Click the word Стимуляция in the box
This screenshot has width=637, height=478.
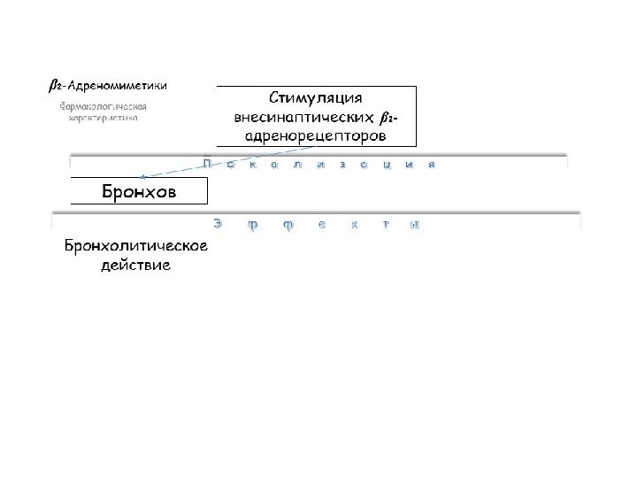click(316, 97)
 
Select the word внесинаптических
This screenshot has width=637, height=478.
click(297, 117)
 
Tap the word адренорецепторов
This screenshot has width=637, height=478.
click(315, 136)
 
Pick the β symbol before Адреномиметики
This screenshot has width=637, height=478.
click(53, 86)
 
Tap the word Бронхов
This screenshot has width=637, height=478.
click(139, 191)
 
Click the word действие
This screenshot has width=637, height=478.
click(135, 265)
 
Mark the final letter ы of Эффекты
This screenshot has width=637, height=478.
click(412, 225)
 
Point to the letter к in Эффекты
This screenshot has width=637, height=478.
click(353, 225)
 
